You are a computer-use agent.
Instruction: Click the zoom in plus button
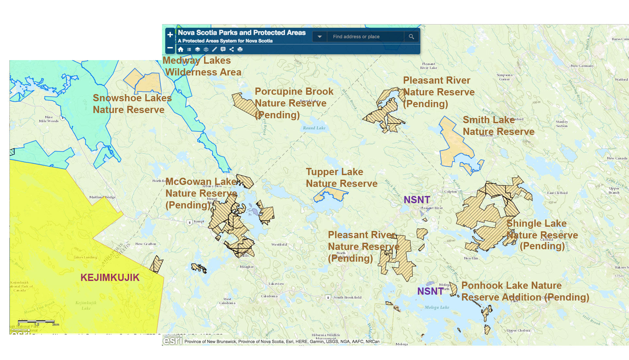coord(170,35)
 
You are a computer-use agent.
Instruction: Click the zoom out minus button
coord(170,48)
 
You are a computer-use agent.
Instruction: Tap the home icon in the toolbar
coord(181,49)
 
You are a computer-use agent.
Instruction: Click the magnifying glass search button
coord(411,37)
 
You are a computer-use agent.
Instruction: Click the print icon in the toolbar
coord(240,49)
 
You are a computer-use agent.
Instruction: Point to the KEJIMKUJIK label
coord(110,277)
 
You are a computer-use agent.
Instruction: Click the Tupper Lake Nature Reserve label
coord(341,178)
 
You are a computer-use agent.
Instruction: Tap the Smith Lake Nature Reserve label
coord(498,126)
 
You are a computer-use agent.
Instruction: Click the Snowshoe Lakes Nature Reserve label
coord(132,104)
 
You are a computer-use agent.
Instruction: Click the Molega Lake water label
coord(437,307)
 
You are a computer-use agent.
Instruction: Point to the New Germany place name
coord(582,66)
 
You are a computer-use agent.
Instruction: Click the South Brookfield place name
coord(347,298)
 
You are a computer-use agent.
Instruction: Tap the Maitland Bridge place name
coord(102,197)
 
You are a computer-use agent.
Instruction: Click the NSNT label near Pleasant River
coord(417,200)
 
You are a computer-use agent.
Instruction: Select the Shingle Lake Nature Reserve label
coord(542,235)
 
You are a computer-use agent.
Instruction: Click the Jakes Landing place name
coord(86,257)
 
